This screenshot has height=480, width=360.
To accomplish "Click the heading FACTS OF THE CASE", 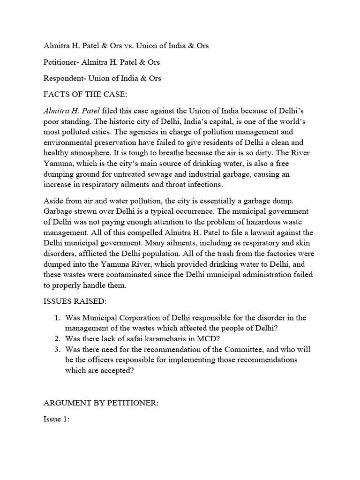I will [x=79, y=95].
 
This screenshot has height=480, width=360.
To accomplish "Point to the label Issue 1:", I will [x=56, y=420].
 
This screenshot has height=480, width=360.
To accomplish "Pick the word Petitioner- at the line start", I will [x=63, y=62].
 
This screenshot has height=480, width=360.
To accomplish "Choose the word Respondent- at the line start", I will [x=65, y=78].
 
